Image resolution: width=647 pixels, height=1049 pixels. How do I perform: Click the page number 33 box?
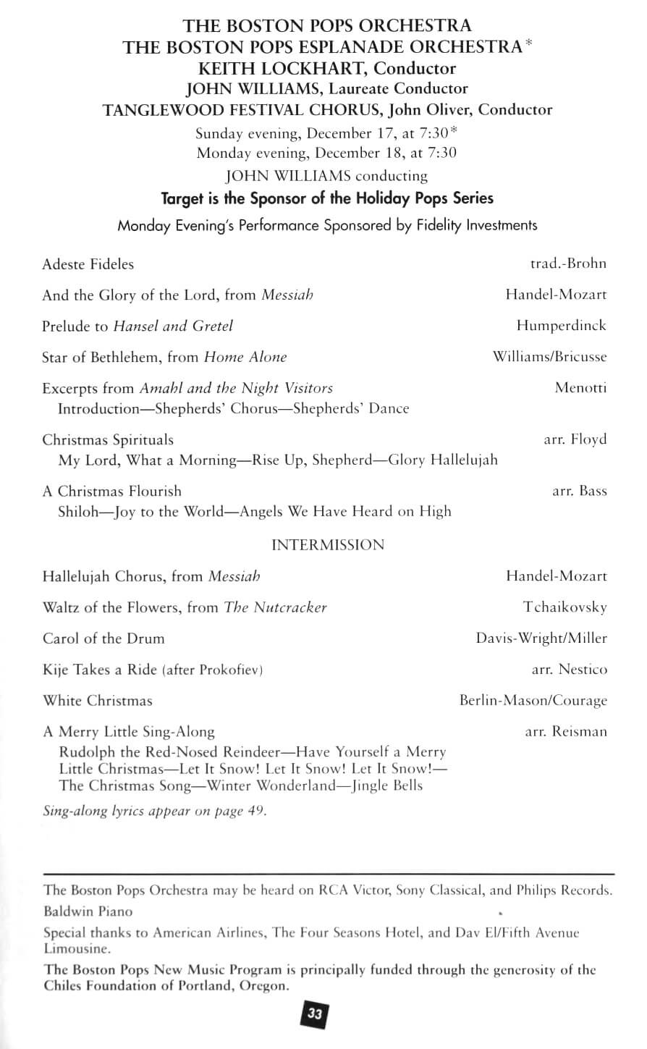pyautogui.click(x=315, y=1014)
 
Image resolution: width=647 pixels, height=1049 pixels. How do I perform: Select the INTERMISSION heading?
pyautogui.click(x=328, y=545)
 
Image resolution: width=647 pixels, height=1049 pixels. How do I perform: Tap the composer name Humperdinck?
pyautogui.click(x=561, y=326)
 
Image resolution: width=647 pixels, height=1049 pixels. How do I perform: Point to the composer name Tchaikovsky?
pyautogui.click(x=565, y=607)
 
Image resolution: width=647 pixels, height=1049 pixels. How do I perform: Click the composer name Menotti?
pyautogui.click(x=580, y=387)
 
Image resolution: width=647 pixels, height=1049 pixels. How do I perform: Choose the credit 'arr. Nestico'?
pyautogui.click(x=570, y=670)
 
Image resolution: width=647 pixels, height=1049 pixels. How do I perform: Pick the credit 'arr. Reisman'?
pyautogui.click(x=566, y=731)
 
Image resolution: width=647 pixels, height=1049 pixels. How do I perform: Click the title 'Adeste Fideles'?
pyautogui.click(x=88, y=264)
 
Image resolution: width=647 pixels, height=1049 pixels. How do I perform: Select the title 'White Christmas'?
pyautogui.click(x=98, y=701)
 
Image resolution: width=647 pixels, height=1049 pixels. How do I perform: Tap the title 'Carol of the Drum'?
pyautogui.click(x=103, y=639)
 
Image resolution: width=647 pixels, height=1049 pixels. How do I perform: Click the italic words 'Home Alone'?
pyautogui.click(x=245, y=357)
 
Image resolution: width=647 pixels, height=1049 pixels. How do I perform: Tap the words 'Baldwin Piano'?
pyautogui.click(x=88, y=911)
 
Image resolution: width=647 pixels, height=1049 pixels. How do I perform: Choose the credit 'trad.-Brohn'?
pyautogui.click(x=568, y=264)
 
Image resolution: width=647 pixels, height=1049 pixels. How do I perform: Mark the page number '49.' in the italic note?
pyautogui.click(x=258, y=811)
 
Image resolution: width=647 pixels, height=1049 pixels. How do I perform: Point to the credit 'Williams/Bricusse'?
pyautogui.click(x=549, y=357)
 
